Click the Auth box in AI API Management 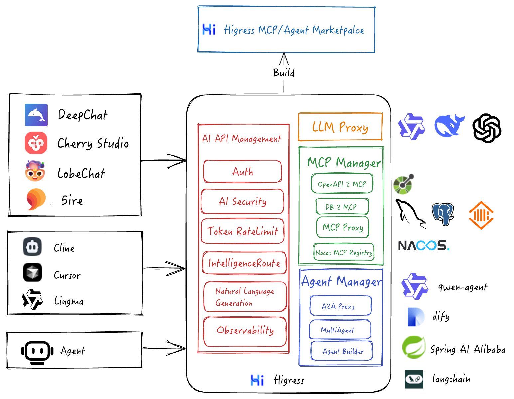pyautogui.click(x=243, y=172)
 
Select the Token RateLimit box pyautogui.click(x=243, y=231)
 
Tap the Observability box pyautogui.click(x=245, y=332)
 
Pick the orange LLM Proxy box pyautogui.click(x=340, y=127)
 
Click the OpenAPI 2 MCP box pyautogui.click(x=342, y=184)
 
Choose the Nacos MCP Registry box pyautogui.click(x=344, y=252)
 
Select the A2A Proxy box pyautogui.click(x=340, y=306)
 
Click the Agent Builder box pyautogui.click(x=341, y=351)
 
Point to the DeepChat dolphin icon pyautogui.click(x=36, y=115)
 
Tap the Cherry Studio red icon pyautogui.click(x=36, y=143)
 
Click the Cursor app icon pyautogui.click(x=32, y=272)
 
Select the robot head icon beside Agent pyautogui.click(x=37, y=351)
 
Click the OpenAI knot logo pyautogui.click(x=487, y=128)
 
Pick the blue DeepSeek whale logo pyautogui.click(x=449, y=126)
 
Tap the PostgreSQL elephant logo pyautogui.click(x=443, y=214)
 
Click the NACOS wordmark pyautogui.click(x=424, y=246)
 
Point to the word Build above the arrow pyautogui.click(x=284, y=73)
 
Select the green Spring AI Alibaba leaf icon pyautogui.click(x=414, y=347)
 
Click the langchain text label pyautogui.click(x=451, y=379)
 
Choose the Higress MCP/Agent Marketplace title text pyautogui.click(x=294, y=30)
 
